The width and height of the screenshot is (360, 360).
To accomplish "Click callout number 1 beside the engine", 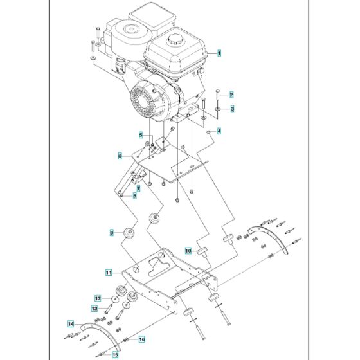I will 219,53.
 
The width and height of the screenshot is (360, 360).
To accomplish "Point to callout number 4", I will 219,131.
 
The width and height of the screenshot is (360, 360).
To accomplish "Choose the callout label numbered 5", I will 141,134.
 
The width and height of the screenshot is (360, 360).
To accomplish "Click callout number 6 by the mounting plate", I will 120,156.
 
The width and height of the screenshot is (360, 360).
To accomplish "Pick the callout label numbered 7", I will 138,188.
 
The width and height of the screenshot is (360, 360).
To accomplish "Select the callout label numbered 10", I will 188,250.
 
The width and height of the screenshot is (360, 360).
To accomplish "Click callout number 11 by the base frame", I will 109,273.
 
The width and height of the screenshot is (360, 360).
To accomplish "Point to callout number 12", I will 98,298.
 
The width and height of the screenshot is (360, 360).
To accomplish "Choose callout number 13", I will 94,309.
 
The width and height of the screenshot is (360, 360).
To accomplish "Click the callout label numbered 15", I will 115,354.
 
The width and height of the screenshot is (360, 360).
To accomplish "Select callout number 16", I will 142,339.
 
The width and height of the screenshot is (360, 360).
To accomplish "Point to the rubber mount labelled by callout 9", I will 130,232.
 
